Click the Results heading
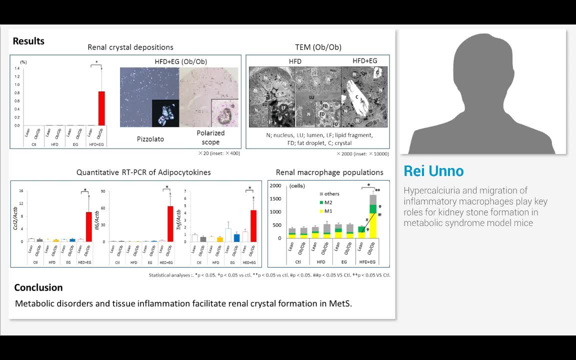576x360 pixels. (x=28, y=41)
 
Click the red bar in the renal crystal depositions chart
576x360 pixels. (x=101, y=108)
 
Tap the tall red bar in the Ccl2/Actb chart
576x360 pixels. (x=88, y=226)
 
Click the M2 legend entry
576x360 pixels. (x=328, y=202)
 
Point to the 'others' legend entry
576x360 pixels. (x=331, y=194)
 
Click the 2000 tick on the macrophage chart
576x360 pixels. (x=275, y=185)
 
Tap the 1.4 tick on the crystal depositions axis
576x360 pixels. (x=17, y=68)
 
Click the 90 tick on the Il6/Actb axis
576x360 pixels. (x=104, y=191)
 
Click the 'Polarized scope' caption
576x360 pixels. (x=210, y=137)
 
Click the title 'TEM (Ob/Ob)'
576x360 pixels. (x=318, y=47)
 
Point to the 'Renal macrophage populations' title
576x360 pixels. (x=329, y=172)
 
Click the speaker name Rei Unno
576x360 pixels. (x=433, y=171)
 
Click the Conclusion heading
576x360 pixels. (x=38, y=287)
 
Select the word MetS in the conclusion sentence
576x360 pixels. (x=340, y=303)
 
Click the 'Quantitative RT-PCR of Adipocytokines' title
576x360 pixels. (x=143, y=172)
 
